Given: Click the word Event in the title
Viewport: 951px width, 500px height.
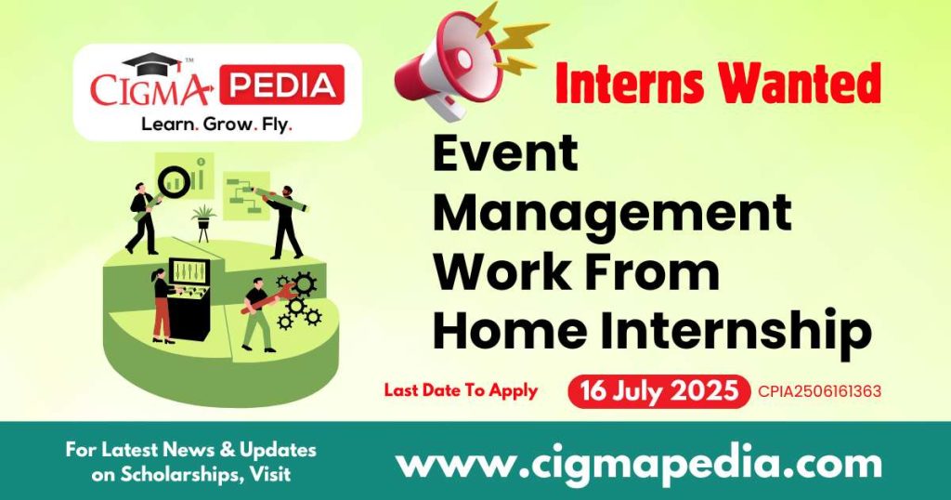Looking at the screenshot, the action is (504, 152).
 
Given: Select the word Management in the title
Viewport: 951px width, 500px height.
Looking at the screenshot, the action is (612, 214).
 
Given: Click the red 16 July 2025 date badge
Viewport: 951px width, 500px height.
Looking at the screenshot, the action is (658, 390).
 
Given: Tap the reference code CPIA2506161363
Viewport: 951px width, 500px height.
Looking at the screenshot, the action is (819, 391).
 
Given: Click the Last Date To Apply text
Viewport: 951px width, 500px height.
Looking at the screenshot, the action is (461, 390).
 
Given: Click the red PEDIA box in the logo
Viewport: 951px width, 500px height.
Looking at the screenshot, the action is (281, 85).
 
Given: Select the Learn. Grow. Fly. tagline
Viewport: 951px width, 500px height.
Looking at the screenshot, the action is (217, 125).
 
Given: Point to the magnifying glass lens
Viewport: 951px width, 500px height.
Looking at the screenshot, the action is (175, 182).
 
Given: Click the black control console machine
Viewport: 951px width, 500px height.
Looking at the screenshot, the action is (189, 298).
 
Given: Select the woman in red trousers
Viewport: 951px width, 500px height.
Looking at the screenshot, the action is (162, 307).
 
